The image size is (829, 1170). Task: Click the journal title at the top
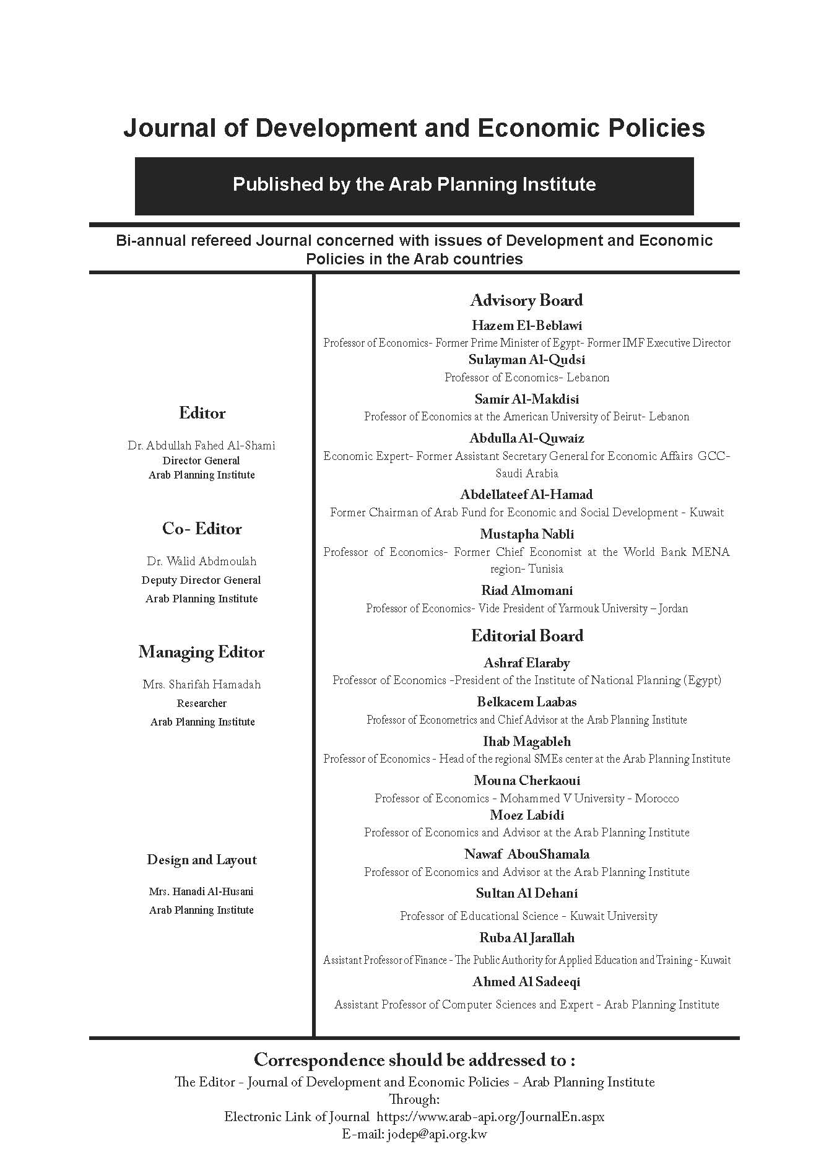pyautogui.click(x=414, y=128)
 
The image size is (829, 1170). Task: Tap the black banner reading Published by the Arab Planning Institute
pyautogui.click(x=414, y=185)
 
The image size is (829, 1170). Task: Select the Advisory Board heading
pyautogui.click(x=526, y=300)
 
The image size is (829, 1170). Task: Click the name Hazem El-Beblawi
pyautogui.click(x=526, y=325)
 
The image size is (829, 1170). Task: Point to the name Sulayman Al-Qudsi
pyautogui.click(x=526, y=360)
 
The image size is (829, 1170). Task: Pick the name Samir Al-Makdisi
pyautogui.click(x=526, y=399)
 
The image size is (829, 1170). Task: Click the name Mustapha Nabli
pyautogui.click(x=526, y=534)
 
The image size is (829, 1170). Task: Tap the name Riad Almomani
pyautogui.click(x=526, y=590)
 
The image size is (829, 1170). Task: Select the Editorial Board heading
pyautogui.click(x=526, y=636)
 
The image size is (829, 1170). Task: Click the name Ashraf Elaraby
pyautogui.click(x=526, y=663)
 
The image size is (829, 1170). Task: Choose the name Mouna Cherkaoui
pyautogui.click(x=526, y=780)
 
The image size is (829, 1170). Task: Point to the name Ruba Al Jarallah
pyautogui.click(x=526, y=937)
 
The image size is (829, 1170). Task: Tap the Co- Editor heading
pyautogui.click(x=202, y=529)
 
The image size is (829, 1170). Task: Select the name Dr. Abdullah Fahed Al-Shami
pyautogui.click(x=202, y=445)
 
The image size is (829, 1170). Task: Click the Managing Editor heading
pyautogui.click(x=202, y=652)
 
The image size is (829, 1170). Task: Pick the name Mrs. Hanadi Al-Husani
pyautogui.click(x=202, y=891)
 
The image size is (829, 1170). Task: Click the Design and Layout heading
pyautogui.click(x=202, y=860)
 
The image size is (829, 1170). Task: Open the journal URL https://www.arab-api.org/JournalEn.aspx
pyautogui.click(x=490, y=1117)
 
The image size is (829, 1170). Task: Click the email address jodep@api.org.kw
pyautogui.click(x=436, y=1134)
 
